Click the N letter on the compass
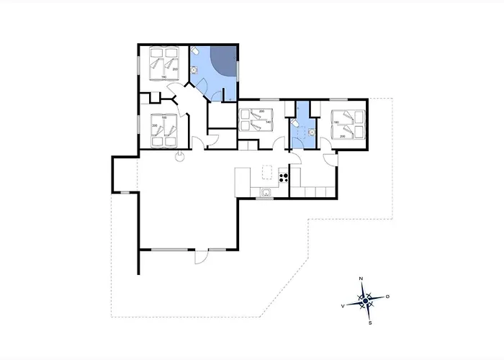point(361,278)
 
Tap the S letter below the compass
point(370,323)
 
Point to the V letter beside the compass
point(343,306)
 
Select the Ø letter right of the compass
point(388,296)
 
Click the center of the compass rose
point(366,301)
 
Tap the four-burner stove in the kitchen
point(284,176)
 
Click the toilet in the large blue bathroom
point(196,53)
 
